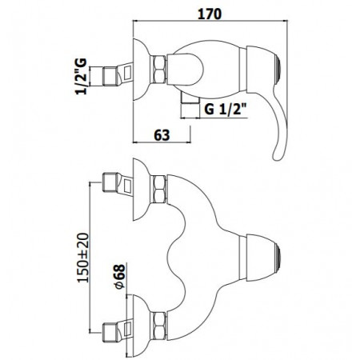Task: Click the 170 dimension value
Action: pos(212,14)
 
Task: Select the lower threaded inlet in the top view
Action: pos(116,326)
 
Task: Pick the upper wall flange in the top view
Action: pos(139,188)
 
